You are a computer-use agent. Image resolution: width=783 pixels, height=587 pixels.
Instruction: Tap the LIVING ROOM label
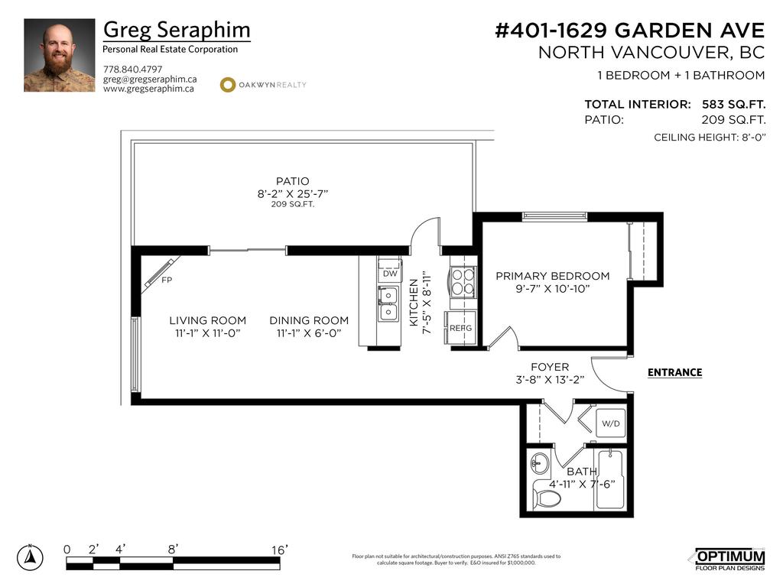(x=208, y=320)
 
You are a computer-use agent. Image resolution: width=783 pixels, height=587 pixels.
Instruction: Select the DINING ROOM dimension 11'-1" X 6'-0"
(x=309, y=333)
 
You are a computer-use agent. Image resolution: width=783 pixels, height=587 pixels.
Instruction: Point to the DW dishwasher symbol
(x=390, y=273)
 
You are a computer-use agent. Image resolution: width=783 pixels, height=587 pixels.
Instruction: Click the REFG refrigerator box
(x=461, y=328)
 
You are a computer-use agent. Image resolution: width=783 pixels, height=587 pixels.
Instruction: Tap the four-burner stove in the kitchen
(x=463, y=281)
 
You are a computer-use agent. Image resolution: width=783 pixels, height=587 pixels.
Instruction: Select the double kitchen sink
(x=388, y=303)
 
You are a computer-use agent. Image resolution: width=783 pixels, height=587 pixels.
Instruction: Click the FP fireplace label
(x=167, y=281)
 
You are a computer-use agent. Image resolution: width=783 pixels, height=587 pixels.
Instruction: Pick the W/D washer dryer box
(x=610, y=423)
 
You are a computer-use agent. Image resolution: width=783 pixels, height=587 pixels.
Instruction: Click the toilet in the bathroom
(x=547, y=498)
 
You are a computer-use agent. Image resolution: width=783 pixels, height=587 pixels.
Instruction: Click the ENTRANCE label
(x=674, y=373)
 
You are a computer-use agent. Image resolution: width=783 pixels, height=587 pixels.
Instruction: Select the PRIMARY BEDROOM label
(x=553, y=276)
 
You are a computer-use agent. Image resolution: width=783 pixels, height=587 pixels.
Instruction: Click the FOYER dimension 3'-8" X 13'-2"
(x=550, y=380)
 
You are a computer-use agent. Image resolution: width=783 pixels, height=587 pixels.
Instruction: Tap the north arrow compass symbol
(x=30, y=557)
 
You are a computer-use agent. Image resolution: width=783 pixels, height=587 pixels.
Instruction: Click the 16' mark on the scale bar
(x=278, y=550)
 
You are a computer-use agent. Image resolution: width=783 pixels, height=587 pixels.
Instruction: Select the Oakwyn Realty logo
(x=263, y=85)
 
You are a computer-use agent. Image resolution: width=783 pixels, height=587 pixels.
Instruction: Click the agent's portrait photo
(x=60, y=56)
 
